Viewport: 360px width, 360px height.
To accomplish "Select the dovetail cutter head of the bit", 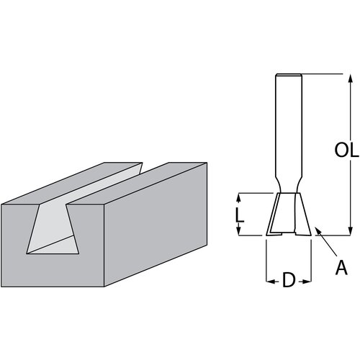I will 289,214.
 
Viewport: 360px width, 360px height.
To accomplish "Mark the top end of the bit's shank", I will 289,75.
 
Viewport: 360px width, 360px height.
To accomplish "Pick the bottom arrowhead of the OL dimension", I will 351,231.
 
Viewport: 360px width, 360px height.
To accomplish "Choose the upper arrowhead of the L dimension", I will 238,197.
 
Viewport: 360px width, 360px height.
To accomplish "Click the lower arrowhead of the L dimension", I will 238,231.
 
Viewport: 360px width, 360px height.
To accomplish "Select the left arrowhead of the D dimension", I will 270,280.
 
